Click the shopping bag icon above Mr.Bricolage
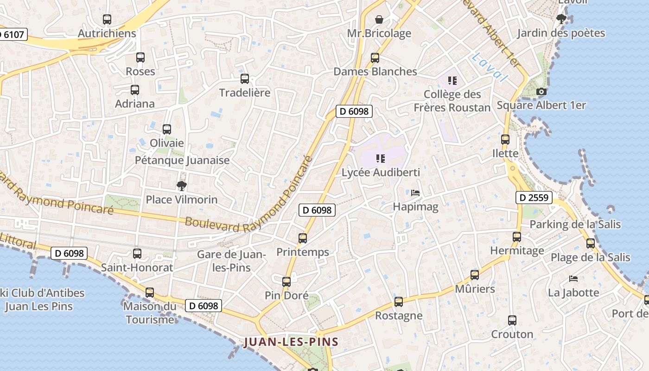coord(379,19)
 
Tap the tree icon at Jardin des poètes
coord(561,19)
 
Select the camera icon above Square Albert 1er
coord(541,92)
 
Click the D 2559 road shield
coord(534,198)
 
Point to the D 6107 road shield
coord(13,34)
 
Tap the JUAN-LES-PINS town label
coord(291,342)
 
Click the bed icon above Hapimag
coord(415,193)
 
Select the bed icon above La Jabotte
coord(573,279)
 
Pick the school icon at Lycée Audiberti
coord(381,159)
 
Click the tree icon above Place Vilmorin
coord(182,186)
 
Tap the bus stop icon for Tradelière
coord(245,79)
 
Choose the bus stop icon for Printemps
coord(303,238)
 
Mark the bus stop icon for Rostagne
coord(399,302)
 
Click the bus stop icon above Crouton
coord(512,320)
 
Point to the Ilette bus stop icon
coord(505,140)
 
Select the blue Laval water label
coord(490,67)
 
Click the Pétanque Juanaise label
coord(182,160)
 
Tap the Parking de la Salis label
coord(575,224)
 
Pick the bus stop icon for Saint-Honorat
coord(137,254)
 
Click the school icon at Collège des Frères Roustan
coord(452,81)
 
